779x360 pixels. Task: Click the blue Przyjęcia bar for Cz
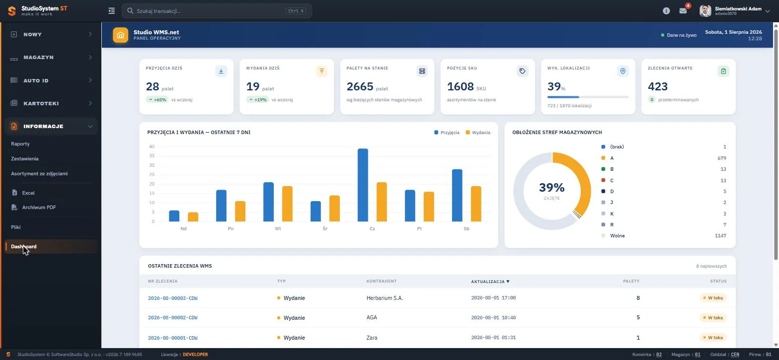[363, 185]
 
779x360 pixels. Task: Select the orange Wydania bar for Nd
[193, 217]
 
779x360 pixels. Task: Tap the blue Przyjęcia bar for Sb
[457, 195]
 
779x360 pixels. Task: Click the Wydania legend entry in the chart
[478, 133]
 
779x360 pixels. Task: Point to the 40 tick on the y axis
[152, 146]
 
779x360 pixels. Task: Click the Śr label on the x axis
[325, 228]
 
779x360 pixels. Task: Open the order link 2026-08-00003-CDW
[172, 298]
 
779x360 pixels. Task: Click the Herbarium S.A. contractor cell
[385, 298]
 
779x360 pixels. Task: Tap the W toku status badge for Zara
[713, 338]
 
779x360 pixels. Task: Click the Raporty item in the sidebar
[20, 144]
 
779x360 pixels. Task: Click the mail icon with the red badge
[683, 11]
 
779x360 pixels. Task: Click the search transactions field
[217, 11]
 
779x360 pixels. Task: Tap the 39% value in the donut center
[551, 188]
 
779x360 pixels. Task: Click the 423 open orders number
[658, 86]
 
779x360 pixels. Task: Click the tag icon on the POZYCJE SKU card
[522, 71]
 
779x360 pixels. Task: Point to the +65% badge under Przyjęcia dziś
[157, 100]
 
